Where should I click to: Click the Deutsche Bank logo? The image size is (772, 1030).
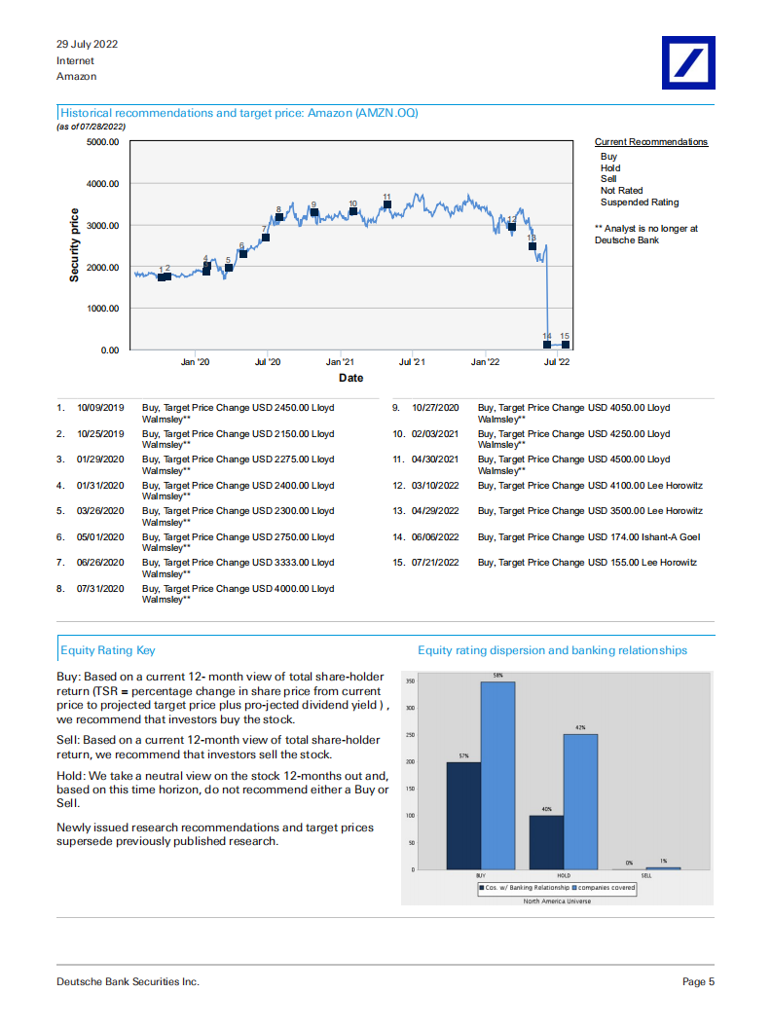tap(687, 63)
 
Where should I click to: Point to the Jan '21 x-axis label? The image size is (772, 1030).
tap(340, 362)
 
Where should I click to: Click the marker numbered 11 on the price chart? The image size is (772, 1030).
tap(387, 205)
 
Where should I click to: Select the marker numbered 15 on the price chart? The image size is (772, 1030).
tap(565, 344)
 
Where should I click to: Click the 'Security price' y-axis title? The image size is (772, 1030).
tap(74, 245)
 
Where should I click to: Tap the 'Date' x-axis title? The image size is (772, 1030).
tap(350, 378)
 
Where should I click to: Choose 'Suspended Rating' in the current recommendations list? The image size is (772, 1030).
tap(640, 202)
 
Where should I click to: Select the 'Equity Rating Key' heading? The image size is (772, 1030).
tap(107, 650)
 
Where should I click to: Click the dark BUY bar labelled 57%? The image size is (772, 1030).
tap(463, 815)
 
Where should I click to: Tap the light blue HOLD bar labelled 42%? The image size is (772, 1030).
tap(580, 801)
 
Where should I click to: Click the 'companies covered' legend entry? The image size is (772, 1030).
tap(606, 888)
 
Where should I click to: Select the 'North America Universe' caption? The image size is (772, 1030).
tap(557, 901)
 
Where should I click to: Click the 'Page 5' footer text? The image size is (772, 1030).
tap(698, 981)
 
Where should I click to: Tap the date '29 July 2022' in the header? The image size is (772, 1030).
tap(88, 45)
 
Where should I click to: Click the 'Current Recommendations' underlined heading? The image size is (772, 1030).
tap(651, 142)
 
